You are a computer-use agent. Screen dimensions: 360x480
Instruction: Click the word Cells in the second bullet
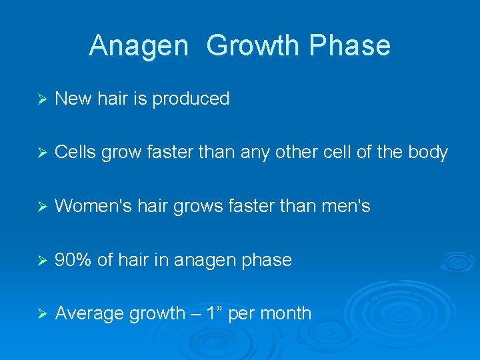tap(75, 153)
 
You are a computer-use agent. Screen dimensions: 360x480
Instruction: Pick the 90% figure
tap(73, 260)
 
